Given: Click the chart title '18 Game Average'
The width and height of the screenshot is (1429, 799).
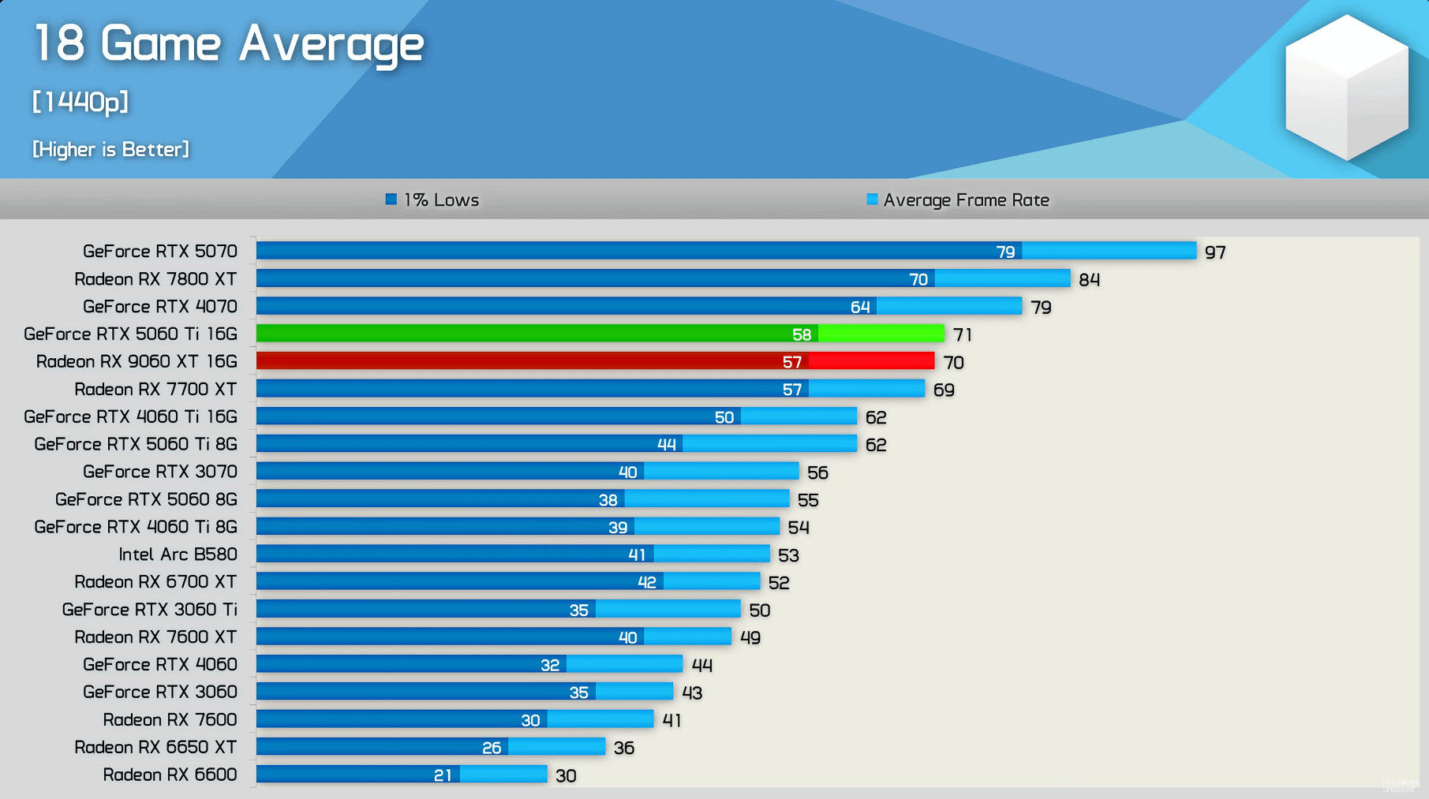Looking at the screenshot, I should click(x=229, y=43).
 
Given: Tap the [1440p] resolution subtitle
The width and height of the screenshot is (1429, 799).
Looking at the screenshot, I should click(x=80, y=102).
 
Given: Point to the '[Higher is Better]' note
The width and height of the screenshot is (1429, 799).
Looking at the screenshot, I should click(x=110, y=149).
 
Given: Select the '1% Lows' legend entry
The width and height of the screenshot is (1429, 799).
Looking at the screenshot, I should click(x=433, y=200).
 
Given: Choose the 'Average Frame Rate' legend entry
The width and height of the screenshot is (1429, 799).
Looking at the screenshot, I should click(x=958, y=200).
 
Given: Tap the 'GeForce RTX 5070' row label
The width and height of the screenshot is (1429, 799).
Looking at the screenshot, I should click(x=160, y=251).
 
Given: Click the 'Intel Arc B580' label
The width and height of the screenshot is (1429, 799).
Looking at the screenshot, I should click(x=178, y=554).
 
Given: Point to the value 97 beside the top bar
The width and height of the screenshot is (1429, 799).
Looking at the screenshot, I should click(x=1215, y=252).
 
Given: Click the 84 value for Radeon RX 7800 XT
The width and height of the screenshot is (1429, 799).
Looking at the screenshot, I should click(x=1089, y=280).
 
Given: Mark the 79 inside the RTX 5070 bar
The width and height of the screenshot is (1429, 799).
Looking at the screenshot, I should click(x=1005, y=252).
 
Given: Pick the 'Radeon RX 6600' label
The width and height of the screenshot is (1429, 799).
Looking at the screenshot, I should click(x=170, y=775).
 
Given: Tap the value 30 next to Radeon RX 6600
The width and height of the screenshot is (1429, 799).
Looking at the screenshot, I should click(x=566, y=776).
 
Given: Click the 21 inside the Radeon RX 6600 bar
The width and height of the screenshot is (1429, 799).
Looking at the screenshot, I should click(x=443, y=775).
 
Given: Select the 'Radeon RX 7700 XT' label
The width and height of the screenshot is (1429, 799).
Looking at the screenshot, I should click(x=155, y=389).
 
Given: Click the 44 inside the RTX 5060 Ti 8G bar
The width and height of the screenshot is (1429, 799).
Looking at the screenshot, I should click(x=667, y=445).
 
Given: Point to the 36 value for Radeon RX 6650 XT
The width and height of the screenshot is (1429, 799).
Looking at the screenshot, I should click(x=624, y=748).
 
